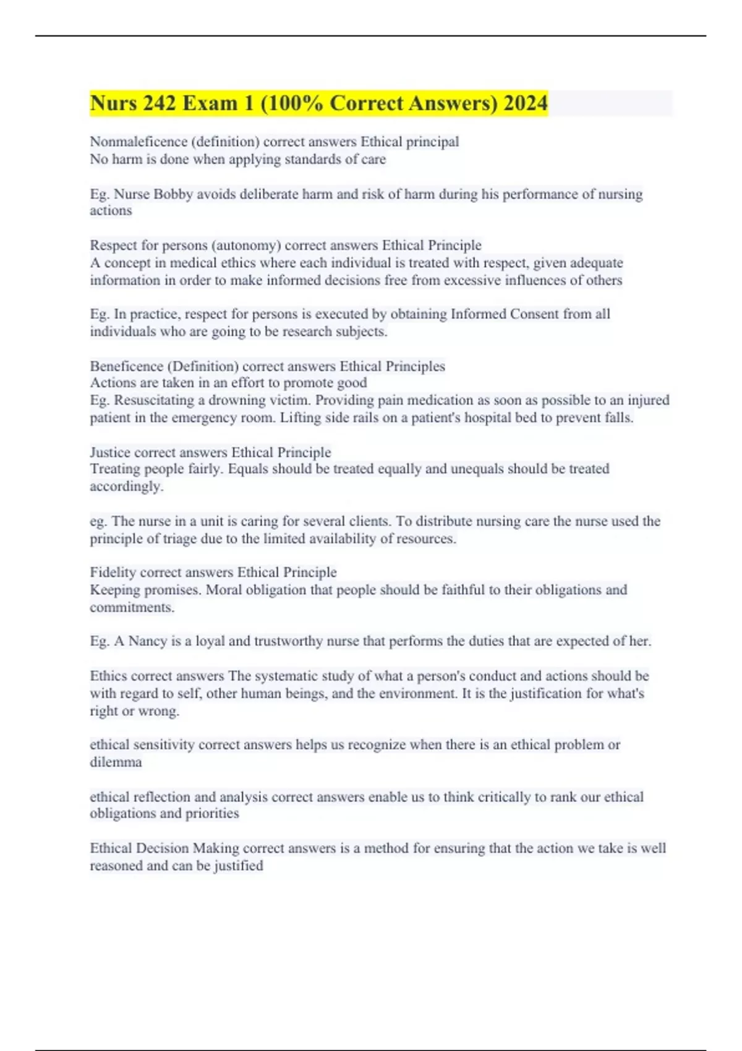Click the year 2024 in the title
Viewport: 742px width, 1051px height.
click(x=525, y=103)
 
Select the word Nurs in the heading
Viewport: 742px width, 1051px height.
click(x=114, y=103)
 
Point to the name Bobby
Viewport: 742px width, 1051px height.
click(x=173, y=194)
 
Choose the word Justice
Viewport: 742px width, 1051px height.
click(x=110, y=452)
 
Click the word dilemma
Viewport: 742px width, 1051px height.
click(x=116, y=762)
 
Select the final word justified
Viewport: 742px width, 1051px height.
click(x=239, y=866)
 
